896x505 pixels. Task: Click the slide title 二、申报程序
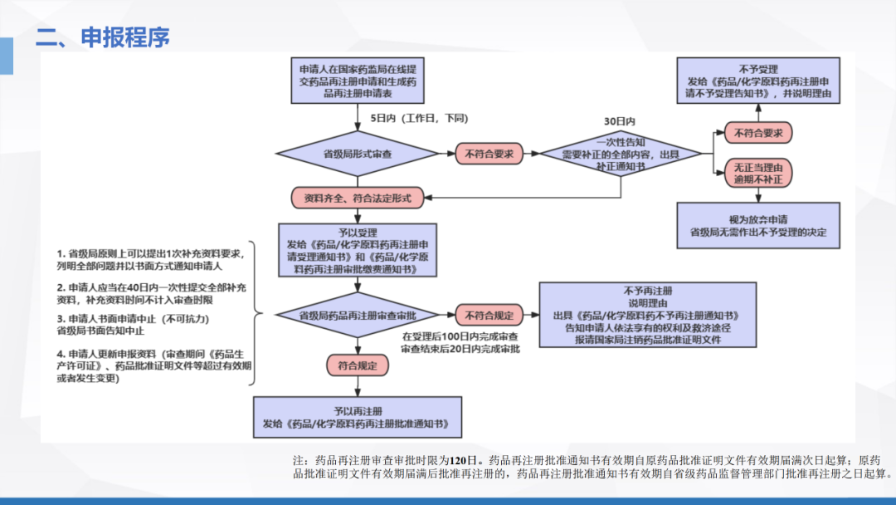pos(103,37)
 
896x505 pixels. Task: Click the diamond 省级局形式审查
pos(358,154)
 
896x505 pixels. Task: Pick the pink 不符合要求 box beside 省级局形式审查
pos(489,154)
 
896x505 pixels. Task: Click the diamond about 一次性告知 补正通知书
pos(621,154)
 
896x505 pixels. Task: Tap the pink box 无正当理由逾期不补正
pos(759,173)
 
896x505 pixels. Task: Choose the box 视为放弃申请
pos(757,226)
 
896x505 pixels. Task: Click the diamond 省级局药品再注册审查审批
pos(358,316)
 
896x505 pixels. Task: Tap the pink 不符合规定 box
pos(489,316)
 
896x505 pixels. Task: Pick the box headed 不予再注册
pos(647,316)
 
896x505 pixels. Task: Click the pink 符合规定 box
pos(358,365)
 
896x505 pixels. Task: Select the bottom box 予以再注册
pos(358,417)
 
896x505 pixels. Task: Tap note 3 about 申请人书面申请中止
pos(132,324)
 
